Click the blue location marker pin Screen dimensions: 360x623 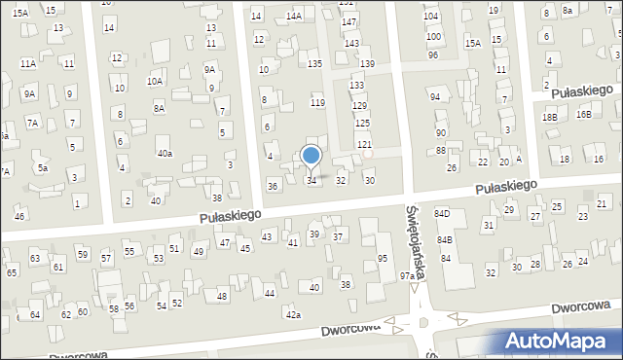[x=311, y=156]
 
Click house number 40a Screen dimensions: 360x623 [x=165, y=154]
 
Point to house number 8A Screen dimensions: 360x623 [x=159, y=109]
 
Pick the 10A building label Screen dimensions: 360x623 [x=155, y=81]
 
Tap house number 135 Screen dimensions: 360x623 [x=314, y=63]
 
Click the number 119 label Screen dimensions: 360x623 [x=317, y=102]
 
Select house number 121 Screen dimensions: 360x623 [x=364, y=144]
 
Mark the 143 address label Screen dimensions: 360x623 [x=351, y=44]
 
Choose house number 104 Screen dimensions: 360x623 [x=431, y=18]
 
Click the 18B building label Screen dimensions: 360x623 [x=550, y=117]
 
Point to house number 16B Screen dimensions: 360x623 [x=583, y=114]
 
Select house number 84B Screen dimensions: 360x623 [x=445, y=239]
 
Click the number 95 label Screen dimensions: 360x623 [x=383, y=258]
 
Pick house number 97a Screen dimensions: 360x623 [x=408, y=276]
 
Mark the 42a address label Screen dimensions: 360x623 [x=293, y=314]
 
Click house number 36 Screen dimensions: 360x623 [x=273, y=186]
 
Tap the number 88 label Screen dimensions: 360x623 [x=441, y=150]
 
